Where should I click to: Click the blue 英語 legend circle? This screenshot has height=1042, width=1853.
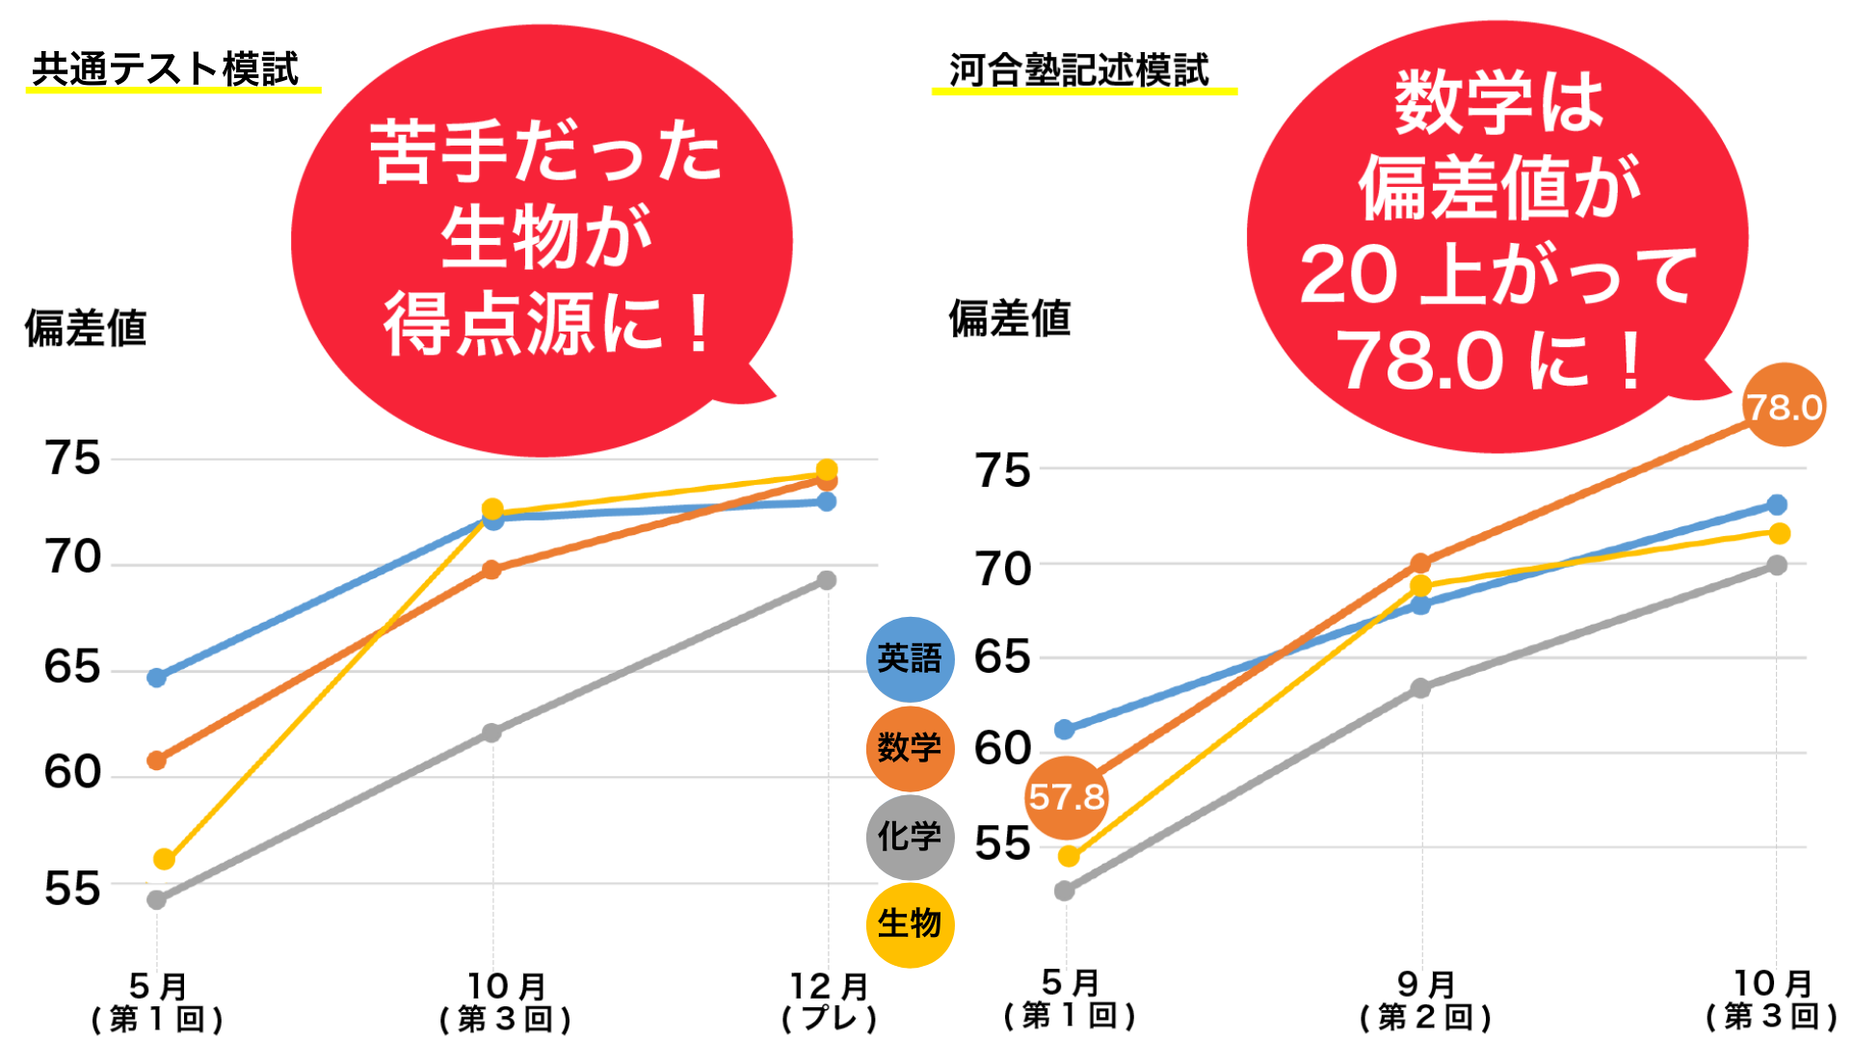[x=910, y=659]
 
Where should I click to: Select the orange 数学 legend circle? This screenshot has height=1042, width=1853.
[x=910, y=748]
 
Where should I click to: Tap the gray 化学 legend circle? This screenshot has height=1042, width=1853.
[x=910, y=837]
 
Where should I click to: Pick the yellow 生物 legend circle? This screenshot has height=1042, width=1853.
[x=910, y=924]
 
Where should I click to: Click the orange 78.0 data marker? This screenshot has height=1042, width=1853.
[x=1784, y=406]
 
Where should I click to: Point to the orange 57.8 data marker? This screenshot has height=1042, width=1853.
[x=1066, y=797]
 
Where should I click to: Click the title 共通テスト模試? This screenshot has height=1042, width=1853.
[x=165, y=69]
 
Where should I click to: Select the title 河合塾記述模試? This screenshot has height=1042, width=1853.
[x=1078, y=70]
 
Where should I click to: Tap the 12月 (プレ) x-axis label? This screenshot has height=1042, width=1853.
[x=829, y=1002]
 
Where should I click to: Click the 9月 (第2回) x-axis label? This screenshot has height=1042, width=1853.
[x=1425, y=1001]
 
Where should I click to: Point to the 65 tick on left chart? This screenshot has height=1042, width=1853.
[x=72, y=667]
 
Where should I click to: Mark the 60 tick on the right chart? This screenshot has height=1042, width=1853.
[x=1002, y=749]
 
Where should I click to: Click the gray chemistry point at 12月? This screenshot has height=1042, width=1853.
[x=826, y=580]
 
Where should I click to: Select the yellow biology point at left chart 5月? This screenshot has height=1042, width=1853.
[x=164, y=859]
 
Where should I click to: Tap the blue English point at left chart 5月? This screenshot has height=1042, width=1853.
[x=156, y=678]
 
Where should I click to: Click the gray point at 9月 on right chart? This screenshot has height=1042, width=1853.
[x=1420, y=688]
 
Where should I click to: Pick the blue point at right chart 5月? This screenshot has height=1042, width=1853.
[x=1065, y=730]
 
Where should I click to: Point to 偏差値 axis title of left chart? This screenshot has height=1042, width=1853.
[x=85, y=328]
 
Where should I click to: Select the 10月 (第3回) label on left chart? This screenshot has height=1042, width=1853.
[x=505, y=1002]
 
